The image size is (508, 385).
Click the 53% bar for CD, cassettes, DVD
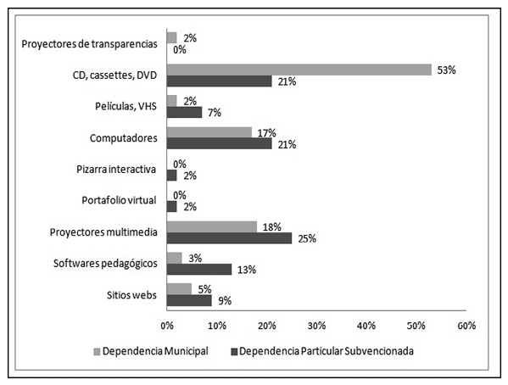[299, 70]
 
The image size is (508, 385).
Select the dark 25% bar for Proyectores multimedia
[229, 238]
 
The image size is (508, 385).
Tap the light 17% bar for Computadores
[209, 132]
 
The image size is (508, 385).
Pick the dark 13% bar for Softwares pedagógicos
[199, 270]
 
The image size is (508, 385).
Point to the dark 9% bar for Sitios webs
[189, 300]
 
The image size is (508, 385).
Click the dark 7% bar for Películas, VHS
[184, 112]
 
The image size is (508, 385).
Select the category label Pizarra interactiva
[116, 169]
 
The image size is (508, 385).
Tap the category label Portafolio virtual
[119, 200]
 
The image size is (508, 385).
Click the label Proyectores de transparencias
[89, 44]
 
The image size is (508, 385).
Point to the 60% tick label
[466, 326]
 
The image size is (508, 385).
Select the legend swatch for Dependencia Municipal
[97, 352]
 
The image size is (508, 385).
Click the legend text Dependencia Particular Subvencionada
[327, 351]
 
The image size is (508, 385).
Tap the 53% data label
[446, 70]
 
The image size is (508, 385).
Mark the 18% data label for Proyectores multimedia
[272, 227]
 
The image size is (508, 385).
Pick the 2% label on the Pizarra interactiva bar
[190, 176]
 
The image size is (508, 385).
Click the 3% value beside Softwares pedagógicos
[195, 259]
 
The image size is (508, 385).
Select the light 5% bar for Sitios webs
[179, 289]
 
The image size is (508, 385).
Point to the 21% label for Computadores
[287, 144]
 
